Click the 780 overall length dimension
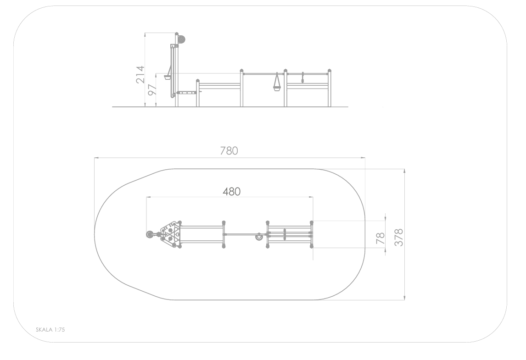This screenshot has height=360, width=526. point(229,151)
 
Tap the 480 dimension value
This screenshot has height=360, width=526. point(231,191)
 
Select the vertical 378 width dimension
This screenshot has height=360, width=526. point(398,237)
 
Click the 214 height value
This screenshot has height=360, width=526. point(140,74)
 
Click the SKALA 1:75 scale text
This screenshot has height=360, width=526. point(50,329)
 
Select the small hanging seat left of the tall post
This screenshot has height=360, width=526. point(168,78)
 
